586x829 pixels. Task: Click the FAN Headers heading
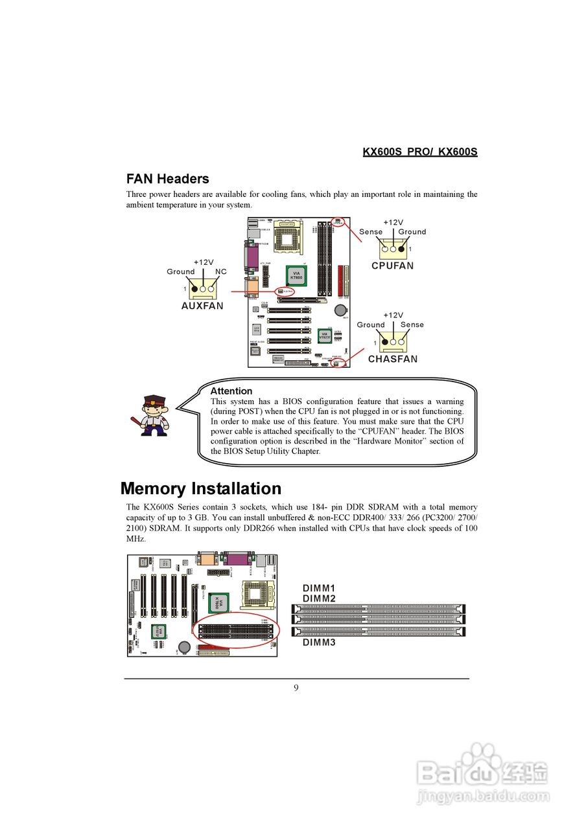tap(167, 179)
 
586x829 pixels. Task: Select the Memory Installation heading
tap(201, 488)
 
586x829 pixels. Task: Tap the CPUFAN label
tap(392, 266)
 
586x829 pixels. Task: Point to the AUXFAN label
tap(202, 306)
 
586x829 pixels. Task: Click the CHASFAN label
tap(393, 359)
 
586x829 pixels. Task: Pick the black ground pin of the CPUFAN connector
tap(402, 249)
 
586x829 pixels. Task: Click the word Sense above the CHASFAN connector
tap(412, 324)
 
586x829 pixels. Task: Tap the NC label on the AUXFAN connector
tap(221, 271)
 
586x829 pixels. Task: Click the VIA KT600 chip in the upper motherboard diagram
tap(296, 275)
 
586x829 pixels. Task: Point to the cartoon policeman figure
tap(153, 416)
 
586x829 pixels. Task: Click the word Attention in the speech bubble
tap(231, 391)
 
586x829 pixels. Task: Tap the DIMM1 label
tap(318, 588)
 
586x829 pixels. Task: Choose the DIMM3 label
tap(318, 642)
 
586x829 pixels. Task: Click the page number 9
tap(296, 688)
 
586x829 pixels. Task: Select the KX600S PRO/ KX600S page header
tap(419, 152)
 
